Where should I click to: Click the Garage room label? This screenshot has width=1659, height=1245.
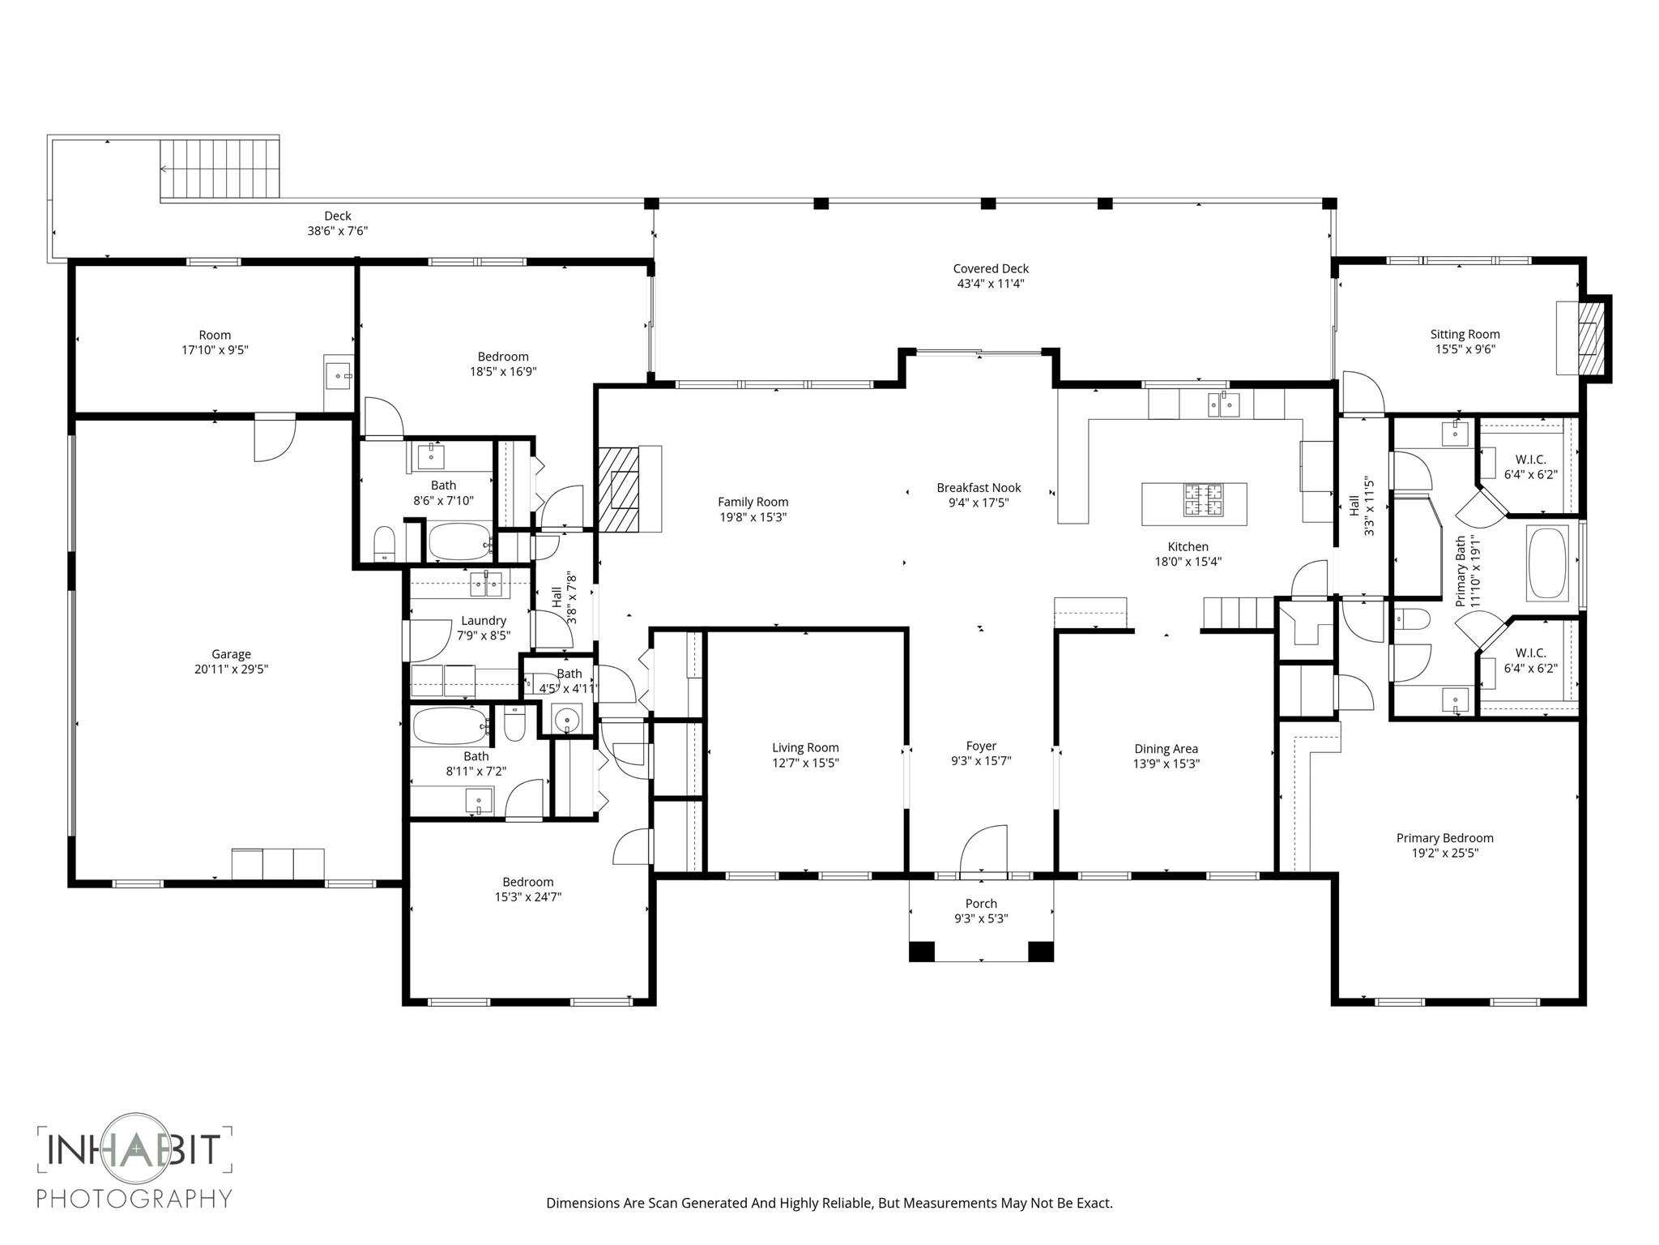231,654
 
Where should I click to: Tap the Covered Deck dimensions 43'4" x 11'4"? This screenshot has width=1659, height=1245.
991,284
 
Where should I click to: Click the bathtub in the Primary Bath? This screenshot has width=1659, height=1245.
1546,564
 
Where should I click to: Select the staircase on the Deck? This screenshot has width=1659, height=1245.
220,169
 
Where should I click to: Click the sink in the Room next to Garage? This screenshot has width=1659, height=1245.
338,375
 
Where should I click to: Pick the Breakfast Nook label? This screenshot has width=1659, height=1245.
979,488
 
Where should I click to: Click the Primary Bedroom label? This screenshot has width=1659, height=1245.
1444,838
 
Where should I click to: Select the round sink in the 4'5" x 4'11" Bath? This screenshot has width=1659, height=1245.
566,718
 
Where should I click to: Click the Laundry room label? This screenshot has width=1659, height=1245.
484,621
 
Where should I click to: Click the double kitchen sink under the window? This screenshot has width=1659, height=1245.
1222,403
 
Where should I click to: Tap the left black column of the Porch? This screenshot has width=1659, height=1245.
921,951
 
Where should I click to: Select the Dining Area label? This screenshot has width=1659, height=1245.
1166,749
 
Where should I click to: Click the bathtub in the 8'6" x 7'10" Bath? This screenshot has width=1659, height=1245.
459,541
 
